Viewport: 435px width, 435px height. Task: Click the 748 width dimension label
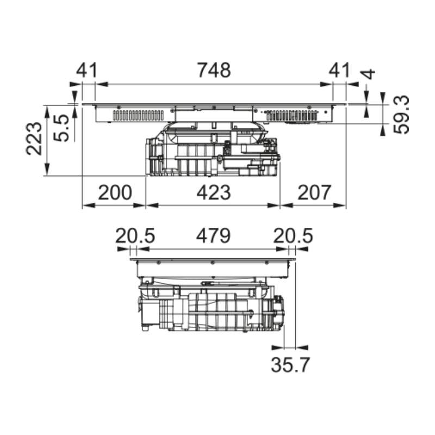click(x=214, y=70)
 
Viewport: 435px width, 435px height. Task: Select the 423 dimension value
click(x=213, y=192)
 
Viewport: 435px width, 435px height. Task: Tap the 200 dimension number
click(x=115, y=192)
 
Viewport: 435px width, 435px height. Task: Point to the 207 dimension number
click(x=314, y=192)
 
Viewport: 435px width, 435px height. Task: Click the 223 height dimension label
click(x=34, y=139)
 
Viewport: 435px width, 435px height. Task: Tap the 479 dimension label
click(x=213, y=235)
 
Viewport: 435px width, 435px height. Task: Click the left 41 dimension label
click(x=86, y=70)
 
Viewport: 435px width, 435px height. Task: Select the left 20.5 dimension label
click(x=135, y=235)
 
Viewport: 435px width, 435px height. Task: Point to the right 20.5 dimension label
click(x=294, y=235)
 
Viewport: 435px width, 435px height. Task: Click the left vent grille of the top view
click(x=139, y=116)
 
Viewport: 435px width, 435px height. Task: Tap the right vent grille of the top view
click(x=291, y=115)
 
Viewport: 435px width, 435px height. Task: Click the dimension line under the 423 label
click(x=213, y=206)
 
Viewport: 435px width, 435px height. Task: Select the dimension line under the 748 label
click(x=214, y=84)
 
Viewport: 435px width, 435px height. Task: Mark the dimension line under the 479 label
click(x=213, y=249)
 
